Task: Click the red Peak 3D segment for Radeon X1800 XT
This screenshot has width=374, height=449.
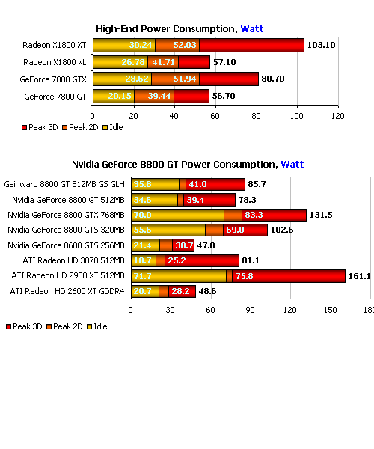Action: (251, 45)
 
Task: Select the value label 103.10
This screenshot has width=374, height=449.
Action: (321, 45)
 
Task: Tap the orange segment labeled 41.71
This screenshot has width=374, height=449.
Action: (163, 62)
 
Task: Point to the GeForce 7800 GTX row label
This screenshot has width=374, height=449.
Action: (53, 79)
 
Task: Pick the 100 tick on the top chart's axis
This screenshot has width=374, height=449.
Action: (297, 116)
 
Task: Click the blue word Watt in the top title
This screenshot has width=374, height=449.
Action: (252, 29)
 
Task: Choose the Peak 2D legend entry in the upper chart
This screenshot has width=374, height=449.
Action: (80, 127)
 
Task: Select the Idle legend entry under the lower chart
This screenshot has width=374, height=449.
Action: (97, 326)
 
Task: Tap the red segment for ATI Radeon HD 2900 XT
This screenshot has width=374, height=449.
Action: (289, 276)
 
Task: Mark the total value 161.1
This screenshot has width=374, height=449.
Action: (359, 276)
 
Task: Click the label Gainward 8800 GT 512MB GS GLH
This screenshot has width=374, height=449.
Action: (64, 184)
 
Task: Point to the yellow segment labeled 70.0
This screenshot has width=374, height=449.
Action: (178, 215)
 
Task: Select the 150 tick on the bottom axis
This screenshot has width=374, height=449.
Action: (330, 310)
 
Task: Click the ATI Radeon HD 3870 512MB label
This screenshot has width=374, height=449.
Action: (74, 260)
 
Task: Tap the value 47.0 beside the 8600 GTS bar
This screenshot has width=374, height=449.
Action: (206, 245)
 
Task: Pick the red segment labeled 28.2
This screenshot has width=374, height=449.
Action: (182, 292)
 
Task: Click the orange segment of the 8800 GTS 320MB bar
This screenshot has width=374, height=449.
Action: (215, 230)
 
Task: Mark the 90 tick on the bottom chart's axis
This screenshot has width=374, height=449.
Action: (250, 310)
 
